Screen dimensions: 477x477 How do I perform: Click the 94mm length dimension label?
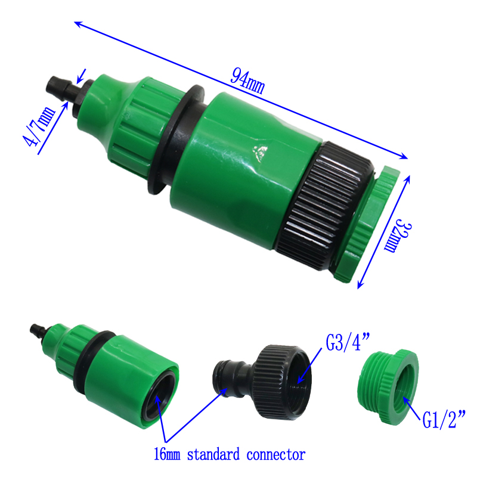(247, 80)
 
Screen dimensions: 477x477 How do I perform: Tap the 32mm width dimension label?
(398, 236)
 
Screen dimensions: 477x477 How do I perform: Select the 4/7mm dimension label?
(39, 126)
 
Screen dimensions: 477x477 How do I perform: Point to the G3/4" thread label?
(348, 342)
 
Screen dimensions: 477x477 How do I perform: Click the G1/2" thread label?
(444, 419)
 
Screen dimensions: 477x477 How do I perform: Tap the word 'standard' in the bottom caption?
(213, 454)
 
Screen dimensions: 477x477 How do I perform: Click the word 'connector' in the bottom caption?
(276, 455)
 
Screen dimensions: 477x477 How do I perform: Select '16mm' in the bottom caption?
(167, 454)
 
